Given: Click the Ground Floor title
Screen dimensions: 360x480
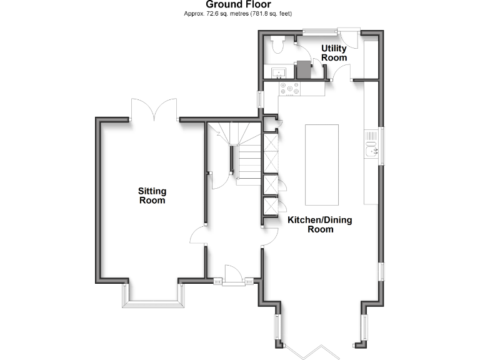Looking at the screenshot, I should [x=239, y=4].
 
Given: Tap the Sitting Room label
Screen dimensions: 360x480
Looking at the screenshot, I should [x=152, y=196].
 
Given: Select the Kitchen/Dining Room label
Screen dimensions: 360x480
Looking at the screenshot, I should [x=320, y=224].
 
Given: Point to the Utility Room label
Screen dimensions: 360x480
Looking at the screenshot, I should [x=334, y=53].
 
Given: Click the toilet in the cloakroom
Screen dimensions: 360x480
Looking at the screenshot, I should [x=278, y=43].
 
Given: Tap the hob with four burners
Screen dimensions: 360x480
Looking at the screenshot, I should [x=291, y=89].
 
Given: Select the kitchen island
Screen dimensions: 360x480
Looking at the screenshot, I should [x=321, y=164].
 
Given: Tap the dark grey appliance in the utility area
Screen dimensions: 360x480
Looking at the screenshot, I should [x=303, y=69].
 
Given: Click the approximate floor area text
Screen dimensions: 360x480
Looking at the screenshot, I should [x=239, y=13].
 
